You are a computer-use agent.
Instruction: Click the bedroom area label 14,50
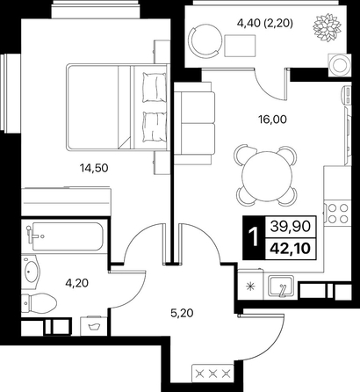(x=94, y=168)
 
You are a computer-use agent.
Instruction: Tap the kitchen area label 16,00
(x=272, y=120)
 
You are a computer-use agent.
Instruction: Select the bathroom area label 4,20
(x=77, y=283)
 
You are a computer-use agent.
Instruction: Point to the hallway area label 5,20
(x=182, y=313)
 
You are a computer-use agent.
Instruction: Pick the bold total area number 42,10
(x=290, y=249)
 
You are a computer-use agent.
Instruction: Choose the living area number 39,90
(x=290, y=227)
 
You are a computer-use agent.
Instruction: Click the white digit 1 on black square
(x=254, y=237)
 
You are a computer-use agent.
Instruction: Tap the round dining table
(x=267, y=176)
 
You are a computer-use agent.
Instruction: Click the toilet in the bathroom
(x=39, y=303)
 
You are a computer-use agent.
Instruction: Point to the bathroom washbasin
(x=31, y=272)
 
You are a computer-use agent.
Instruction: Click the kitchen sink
(x=281, y=287)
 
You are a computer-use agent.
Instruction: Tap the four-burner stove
(x=338, y=213)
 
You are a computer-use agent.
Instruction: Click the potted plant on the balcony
(x=328, y=27)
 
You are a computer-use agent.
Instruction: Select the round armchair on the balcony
(x=205, y=40)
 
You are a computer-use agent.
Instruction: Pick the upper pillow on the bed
(x=154, y=87)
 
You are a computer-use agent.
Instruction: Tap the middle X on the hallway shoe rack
(x=212, y=374)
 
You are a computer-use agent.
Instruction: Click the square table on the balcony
(x=240, y=46)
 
